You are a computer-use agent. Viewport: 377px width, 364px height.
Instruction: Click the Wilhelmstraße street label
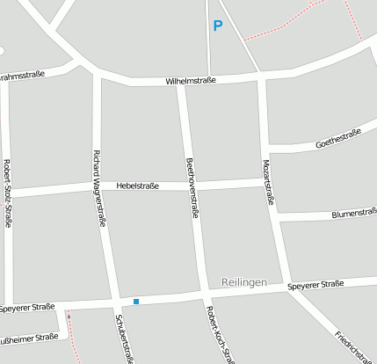pos(190,82)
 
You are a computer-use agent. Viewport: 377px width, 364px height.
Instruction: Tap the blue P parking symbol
pos(217,26)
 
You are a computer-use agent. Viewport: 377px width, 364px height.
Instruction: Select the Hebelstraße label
pos(137,186)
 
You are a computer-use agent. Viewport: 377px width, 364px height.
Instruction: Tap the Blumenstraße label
pos(353,213)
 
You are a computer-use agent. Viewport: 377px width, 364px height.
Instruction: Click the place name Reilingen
pos(244,281)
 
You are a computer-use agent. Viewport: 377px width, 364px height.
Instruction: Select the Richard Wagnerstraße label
pos(98,189)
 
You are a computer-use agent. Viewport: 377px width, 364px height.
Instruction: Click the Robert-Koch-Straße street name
pos(219,335)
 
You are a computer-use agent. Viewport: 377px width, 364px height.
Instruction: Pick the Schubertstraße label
pos(124,338)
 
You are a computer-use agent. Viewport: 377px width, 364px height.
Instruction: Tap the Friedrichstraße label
pos(353,346)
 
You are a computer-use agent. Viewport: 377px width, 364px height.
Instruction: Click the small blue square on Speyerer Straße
pos(136,302)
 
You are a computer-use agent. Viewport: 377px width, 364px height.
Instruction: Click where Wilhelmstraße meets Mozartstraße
pos(262,78)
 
